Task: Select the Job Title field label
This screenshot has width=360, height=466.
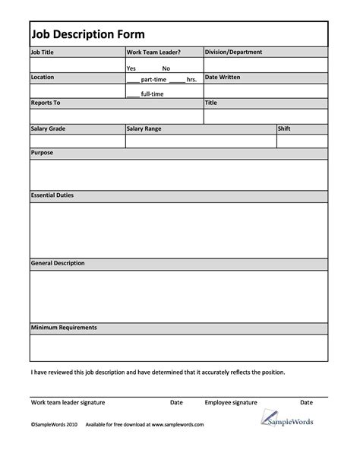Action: [43, 52]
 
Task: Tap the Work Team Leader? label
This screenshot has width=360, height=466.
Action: [153, 52]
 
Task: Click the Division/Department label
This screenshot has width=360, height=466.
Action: [234, 52]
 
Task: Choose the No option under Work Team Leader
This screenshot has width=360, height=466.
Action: [166, 68]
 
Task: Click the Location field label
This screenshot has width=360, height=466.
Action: [43, 78]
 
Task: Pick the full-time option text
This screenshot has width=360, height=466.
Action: [152, 94]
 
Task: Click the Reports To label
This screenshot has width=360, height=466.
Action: [46, 102]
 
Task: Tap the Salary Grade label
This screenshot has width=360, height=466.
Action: [49, 128]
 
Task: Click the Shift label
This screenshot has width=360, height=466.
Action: [286, 128]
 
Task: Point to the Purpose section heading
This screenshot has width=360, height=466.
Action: [42, 153]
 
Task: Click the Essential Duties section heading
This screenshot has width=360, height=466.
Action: [52, 195]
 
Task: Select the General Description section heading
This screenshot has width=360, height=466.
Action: [58, 263]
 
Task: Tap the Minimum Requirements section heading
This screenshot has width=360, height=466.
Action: [64, 328]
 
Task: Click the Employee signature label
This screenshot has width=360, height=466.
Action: [231, 401]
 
